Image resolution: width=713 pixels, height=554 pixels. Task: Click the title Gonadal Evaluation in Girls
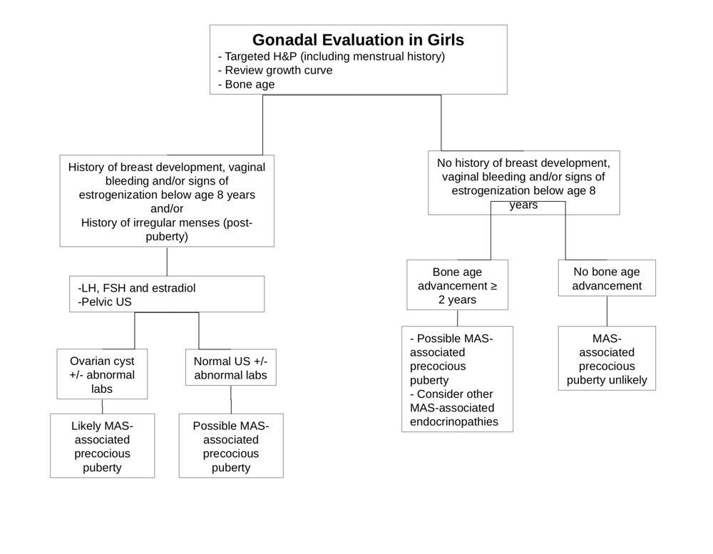click(358, 40)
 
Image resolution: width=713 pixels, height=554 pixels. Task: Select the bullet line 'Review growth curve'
click(275, 71)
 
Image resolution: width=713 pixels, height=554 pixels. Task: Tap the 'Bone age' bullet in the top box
click(246, 85)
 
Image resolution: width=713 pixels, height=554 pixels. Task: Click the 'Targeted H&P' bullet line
click(331, 56)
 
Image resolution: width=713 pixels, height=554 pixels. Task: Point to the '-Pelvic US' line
click(105, 302)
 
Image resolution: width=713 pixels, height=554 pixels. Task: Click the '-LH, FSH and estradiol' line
click(136, 288)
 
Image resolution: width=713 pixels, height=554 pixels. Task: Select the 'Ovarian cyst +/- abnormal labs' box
click(102, 374)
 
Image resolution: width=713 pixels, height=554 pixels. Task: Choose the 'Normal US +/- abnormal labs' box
click(231, 367)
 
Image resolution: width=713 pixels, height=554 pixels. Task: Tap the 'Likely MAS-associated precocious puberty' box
click(102, 446)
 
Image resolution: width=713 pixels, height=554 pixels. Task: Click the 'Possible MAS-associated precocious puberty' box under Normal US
click(231, 446)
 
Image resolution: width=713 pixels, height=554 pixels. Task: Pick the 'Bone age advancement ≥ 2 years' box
click(458, 284)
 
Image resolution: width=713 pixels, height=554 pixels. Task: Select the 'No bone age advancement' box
click(607, 278)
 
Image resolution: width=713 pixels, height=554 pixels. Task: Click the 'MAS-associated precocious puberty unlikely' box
click(607, 358)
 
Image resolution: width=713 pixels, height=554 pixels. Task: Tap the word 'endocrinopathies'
click(453, 422)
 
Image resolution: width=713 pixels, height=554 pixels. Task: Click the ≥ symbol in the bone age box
click(493, 286)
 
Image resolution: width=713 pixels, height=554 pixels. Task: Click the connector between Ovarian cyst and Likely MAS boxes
click(102, 406)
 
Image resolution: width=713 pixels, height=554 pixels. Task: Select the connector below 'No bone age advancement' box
click(607, 311)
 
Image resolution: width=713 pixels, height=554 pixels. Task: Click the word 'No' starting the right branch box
click(444, 163)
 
